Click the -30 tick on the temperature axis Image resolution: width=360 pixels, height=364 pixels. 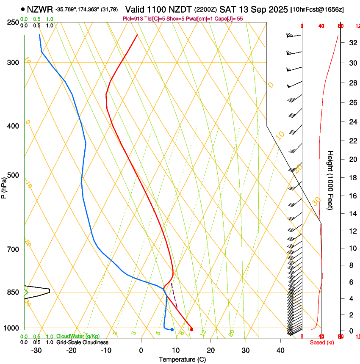(x=36, y=350)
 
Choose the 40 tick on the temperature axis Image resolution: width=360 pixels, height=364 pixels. (x=280, y=350)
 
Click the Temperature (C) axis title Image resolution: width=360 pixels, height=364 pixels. (x=182, y=359)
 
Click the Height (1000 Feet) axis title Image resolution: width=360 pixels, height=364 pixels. (x=331, y=180)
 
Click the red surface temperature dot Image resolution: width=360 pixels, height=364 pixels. (x=192, y=329)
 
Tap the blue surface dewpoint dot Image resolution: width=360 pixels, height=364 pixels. (x=172, y=329)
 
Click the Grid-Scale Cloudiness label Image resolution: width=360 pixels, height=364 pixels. (x=82, y=342)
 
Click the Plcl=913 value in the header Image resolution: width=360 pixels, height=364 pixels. (x=132, y=19)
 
